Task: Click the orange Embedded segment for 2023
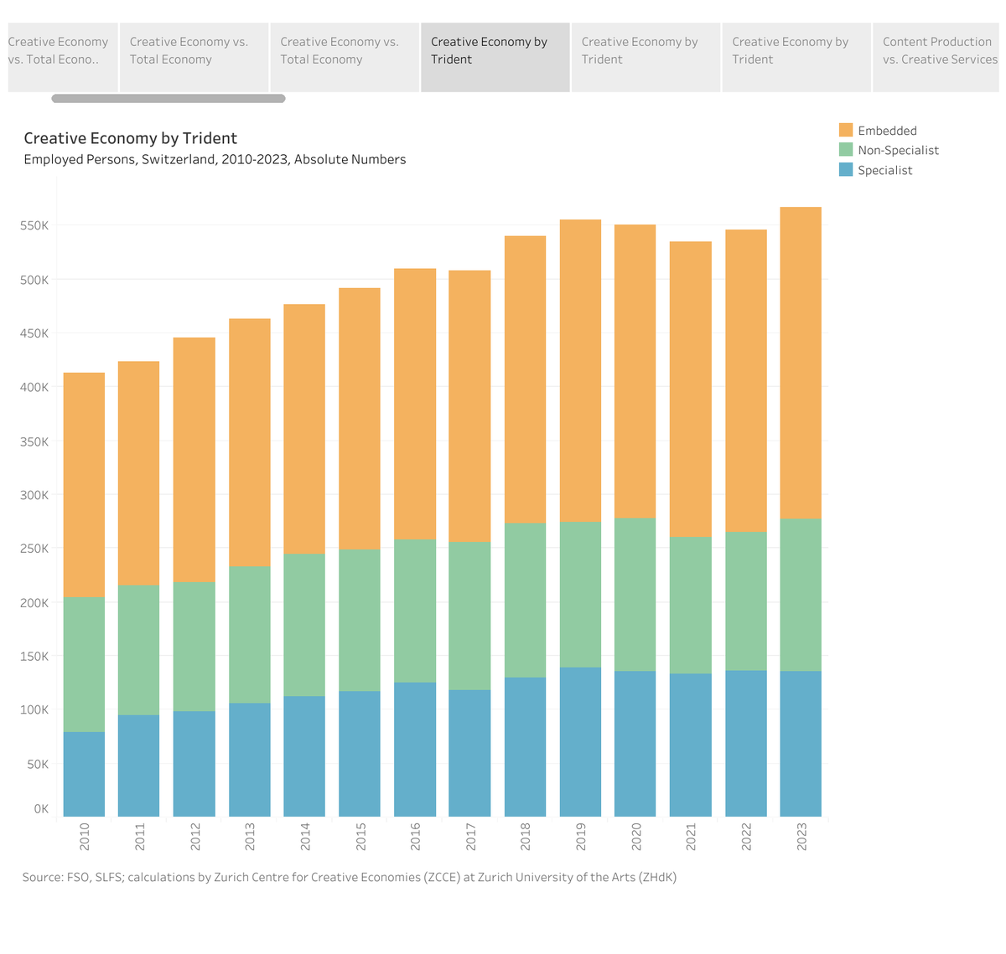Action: coord(801,363)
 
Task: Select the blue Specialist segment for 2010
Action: coord(84,774)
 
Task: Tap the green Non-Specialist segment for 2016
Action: coord(415,611)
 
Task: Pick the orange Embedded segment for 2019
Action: coord(580,370)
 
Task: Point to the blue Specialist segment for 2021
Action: coord(691,745)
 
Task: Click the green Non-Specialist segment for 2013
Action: coord(250,634)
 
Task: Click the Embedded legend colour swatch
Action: coord(846,130)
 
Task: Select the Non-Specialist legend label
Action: coord(898,150)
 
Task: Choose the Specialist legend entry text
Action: coord(884,170)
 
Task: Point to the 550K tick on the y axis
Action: coord(34,225)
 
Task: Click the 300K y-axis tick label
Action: coord(34,495)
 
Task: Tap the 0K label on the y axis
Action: coord(40,809)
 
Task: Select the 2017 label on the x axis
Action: coord(471,837)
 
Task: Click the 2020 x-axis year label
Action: coord(636,837)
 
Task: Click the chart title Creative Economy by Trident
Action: coord(130,138)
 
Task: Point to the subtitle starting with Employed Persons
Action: coord(215,159)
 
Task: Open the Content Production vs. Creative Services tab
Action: coord(939,51)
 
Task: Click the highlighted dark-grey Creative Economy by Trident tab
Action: coord(495,51)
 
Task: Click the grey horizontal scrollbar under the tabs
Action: coord(168,99)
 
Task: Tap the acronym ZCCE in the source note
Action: coord(437,877)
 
